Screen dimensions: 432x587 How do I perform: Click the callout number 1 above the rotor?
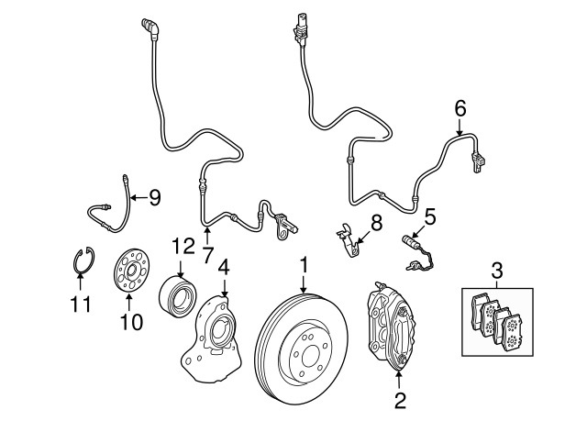(304, 267)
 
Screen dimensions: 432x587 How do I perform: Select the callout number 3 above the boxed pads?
(496, 270)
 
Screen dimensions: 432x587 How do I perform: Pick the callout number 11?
(82, 304)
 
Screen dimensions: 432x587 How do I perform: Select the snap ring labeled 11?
(82, 264)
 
